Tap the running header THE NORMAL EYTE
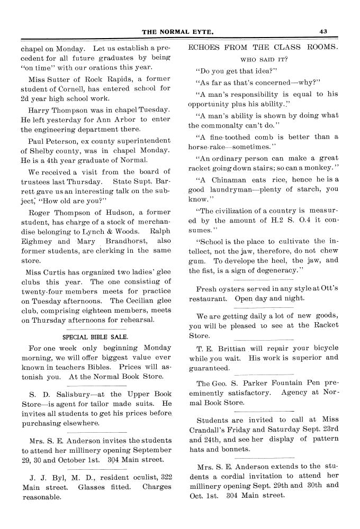178,32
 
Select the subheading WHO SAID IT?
264,59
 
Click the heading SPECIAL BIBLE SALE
95,336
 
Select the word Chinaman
224,179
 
